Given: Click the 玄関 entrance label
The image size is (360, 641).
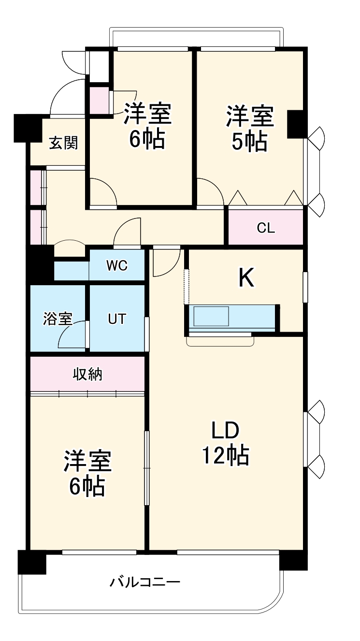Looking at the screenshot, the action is point(63,143).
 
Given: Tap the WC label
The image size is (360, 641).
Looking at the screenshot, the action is point(117,265).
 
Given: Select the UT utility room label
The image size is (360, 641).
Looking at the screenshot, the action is point(116,319).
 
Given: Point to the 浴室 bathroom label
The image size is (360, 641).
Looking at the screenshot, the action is point(58,319).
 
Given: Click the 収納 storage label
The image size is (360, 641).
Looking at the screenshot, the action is point(87,374).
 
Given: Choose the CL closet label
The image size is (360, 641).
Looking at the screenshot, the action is point(266,228).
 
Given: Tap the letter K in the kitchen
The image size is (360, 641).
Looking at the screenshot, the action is point(246,278).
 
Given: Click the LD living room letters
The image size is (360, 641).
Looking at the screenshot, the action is point(225,431).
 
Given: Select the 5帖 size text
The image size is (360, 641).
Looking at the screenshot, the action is point(250,141).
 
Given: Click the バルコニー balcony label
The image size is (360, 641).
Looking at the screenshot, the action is point(145,583).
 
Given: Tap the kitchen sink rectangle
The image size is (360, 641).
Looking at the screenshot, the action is point(211,316).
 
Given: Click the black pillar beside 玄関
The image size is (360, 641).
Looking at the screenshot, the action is point(28,128).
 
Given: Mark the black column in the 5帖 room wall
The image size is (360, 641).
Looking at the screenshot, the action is point(297,124).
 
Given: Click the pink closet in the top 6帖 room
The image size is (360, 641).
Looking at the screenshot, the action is point(99,101).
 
